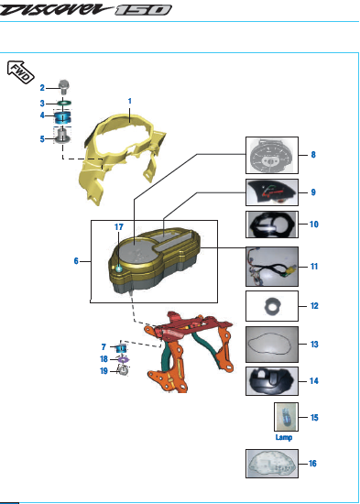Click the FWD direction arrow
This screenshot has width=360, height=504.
point(20,72)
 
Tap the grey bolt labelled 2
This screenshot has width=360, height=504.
point(63,87)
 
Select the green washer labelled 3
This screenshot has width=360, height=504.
point(64,104)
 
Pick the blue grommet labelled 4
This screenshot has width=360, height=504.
point(62,117)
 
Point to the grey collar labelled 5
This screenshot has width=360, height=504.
point(62,135)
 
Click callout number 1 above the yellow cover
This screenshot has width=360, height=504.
point(130,101)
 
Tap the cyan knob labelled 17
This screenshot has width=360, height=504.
point(119,268)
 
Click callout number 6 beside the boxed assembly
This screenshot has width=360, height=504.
point(76,261)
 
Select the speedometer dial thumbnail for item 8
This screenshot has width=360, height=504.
point(272,155)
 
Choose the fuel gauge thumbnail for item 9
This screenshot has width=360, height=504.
point(272,192)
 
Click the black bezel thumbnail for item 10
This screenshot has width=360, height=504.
point(272,225)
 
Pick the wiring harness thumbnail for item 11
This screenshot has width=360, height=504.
point(272,267)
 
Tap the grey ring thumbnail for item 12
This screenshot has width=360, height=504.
point(272,306)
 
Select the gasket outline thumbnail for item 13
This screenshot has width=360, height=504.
point(272,345)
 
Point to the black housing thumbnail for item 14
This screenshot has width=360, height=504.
point(272,381)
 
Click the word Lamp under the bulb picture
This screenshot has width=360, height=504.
point(284,437)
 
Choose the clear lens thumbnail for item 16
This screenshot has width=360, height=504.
point(272,464)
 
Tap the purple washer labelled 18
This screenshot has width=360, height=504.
point(124,360)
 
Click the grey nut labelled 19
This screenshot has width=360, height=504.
point(124,371)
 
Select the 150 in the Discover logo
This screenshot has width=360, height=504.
point(143,10)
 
